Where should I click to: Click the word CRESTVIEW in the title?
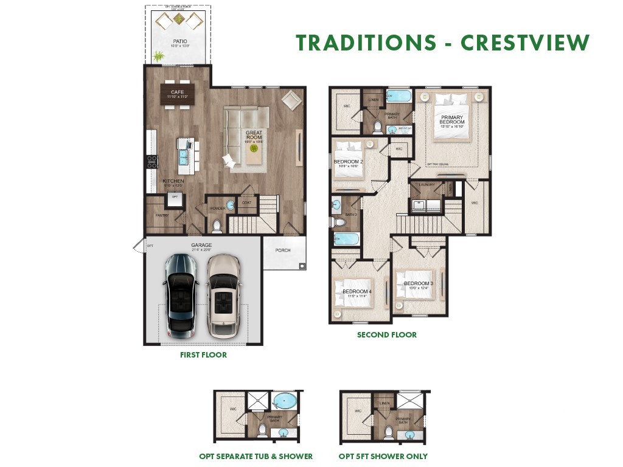click(x=525, y=43)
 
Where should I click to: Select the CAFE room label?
click(x=177, y=92)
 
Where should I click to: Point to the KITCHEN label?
click(x=173, y=181)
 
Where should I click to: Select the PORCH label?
click(x=283, y=250)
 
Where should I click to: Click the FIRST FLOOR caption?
click(x=203, y=355)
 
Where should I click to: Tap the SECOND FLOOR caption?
click(x=387, y=334)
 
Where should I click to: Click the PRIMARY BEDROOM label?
click(x=452, y=120)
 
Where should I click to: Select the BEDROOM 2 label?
click(x=348, y=161)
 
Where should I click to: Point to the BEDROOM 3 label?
click(x=419, y=284)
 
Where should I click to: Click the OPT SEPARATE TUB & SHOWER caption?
click(x=256, y=456)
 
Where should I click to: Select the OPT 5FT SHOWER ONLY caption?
click(x=383, y=456)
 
